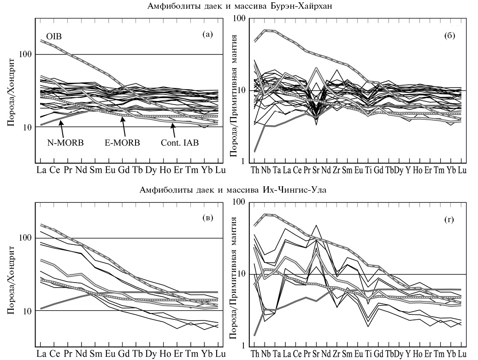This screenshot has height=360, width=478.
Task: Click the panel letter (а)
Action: click(207, 34)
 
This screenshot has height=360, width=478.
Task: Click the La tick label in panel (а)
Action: click(41, 170)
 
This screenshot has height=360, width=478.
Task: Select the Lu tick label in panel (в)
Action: click(220, 354)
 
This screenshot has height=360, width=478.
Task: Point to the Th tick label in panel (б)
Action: click(254, 171)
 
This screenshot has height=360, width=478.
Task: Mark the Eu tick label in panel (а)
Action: click(111, 170)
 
